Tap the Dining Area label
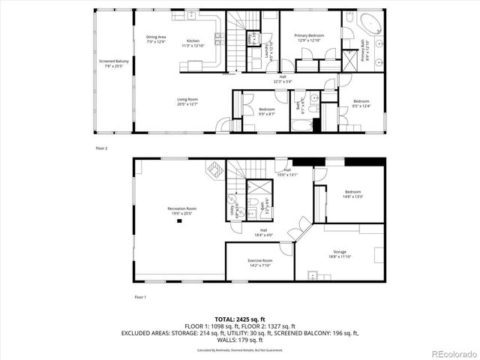pyautogui.click(x=156, y=39)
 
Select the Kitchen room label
pyautogui.click(x=193, y=43)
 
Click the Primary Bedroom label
pyautogui.click(x=309, y=37)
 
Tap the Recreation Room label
pyautogui.click(x=181, y=211)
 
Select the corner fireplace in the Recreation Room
pyautogui.click(x=214, y=172)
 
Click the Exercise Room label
pyautogui.click(x=260, y=262)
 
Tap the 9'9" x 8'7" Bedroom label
pyautogui.click(x=267, y=112)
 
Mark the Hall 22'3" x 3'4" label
pyautogui.click(x=283, y=78)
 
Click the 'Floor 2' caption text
pyautogui.click(x=101, y=148)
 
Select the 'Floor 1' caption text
pyautogui.click(x=140, y=298)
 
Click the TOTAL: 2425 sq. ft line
pyautogui.click(x=240, y=319)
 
